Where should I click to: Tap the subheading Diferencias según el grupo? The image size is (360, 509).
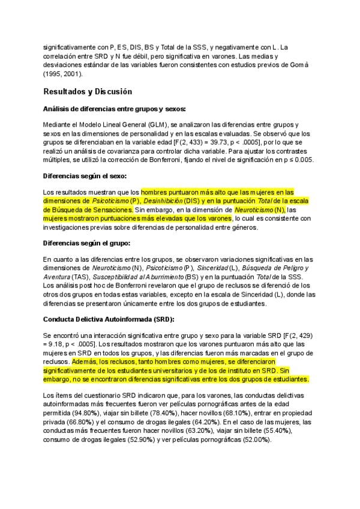86,242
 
